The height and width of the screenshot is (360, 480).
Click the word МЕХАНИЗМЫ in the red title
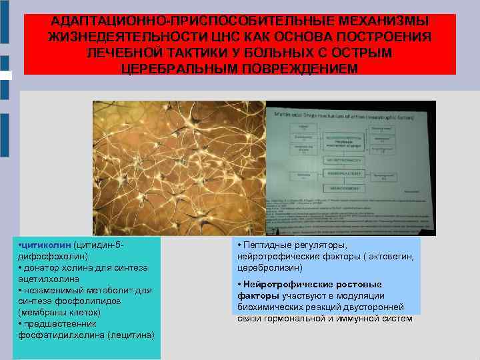[x=386, y=22]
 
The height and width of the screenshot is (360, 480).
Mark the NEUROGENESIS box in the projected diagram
[x=344, y=188]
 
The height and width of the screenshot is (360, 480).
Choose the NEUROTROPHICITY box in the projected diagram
[x=344, y=159]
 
